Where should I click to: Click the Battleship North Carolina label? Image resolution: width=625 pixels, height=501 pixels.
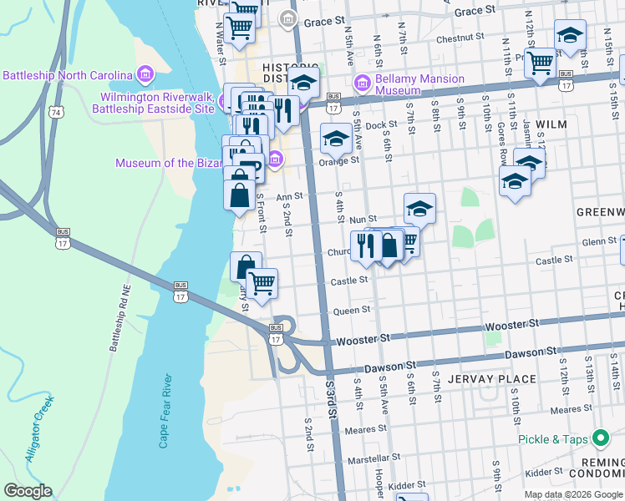68,75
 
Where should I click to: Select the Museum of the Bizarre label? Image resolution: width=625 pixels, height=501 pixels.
191,163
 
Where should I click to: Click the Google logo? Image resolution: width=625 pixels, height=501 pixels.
27,491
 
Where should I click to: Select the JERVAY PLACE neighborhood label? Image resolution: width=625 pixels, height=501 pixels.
491,379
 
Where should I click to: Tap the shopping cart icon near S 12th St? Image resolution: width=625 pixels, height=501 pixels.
541,60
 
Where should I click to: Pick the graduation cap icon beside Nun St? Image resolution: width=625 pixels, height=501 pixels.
420,207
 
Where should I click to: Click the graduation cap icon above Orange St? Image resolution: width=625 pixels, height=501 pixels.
336,137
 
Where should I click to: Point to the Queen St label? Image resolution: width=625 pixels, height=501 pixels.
352,310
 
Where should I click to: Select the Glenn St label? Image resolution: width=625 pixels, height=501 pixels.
576,242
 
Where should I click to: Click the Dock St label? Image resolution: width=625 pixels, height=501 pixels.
380,125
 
